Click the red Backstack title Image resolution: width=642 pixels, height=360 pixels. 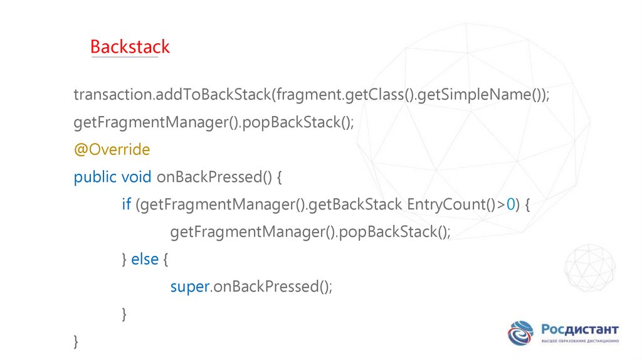coord(130,46)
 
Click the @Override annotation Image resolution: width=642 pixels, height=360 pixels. coord(112,149)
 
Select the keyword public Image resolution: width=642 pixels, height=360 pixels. coord(95,177)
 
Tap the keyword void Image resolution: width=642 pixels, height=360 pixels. coord(136,177)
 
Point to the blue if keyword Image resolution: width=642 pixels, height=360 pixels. coord(126,204)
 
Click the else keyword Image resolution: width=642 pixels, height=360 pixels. coord(145,259)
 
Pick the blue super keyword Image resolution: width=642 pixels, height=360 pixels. coord(190,287)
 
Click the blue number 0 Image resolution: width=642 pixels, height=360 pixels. coord(510,204)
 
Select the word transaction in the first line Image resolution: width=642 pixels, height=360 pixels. coord(113,95)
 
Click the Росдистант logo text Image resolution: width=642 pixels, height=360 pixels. coord(580,329)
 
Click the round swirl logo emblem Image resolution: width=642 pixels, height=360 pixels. coord(520,333)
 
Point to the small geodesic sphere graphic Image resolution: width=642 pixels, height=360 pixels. coord(589,268)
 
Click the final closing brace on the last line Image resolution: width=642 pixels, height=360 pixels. coord(76,342)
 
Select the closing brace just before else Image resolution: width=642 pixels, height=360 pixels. coord(124,259)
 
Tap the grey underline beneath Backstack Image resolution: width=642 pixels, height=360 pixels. coord(125,57)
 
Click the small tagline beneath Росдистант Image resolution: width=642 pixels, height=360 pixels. coord(580,341)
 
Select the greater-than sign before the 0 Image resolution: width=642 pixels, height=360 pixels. coord(501,204)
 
